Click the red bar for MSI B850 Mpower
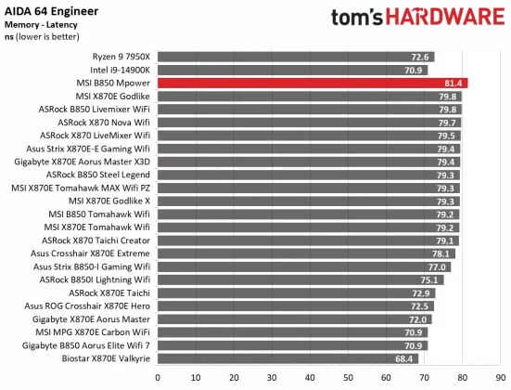(313, 83)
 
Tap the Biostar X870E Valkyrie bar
(287, 358)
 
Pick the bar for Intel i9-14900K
(292, 70)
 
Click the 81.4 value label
(456, 83)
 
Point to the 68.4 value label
(406, 358)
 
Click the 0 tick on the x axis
(158, 377)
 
